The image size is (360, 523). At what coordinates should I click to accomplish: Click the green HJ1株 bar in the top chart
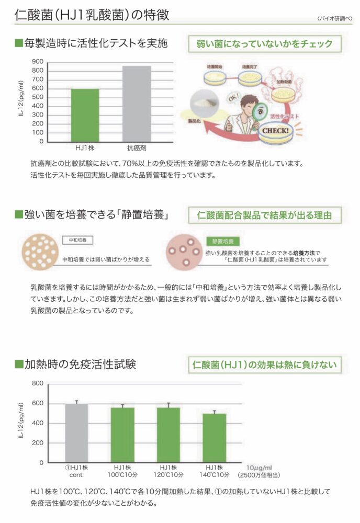pos(85,115)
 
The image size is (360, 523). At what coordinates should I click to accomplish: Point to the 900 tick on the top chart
pos(37,61)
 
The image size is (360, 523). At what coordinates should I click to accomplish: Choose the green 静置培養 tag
pos(223,242)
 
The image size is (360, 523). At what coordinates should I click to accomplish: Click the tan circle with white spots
pos(41,251)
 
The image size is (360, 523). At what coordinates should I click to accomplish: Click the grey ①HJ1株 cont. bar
pos(76,433)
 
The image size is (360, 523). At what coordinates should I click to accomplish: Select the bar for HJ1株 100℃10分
pos(122,435)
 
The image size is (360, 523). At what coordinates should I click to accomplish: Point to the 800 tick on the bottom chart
pos(37,383)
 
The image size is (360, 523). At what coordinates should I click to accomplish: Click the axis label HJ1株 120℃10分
pos(168,471)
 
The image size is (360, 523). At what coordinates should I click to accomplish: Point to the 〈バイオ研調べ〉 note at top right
pos(334,18)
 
